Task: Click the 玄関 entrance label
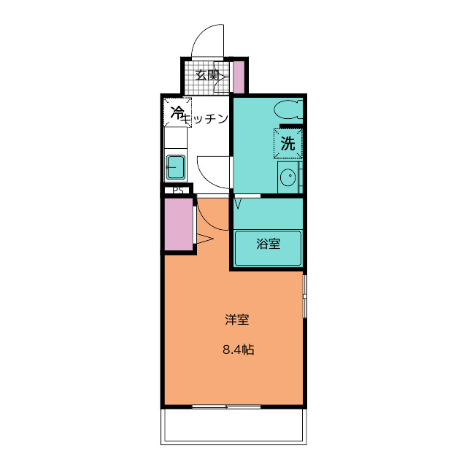click(x=207, y=75)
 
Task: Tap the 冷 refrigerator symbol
click(x=177, y=112)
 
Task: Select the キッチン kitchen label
click(x=207, y=119)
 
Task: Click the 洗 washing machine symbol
click(x=288, y=144)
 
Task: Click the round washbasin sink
click(x=288, y=177)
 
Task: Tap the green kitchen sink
click(x=176, y=166)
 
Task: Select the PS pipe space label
click(x=177, y=191)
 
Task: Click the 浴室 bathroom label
click(x=268, y=244)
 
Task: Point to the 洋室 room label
click(x=238, y=319)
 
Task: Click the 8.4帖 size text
click(x=238, y=350)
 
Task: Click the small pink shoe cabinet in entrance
click(x=238, y=76)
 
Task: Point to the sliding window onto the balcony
click(x=226, y=406)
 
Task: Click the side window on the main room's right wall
click(x=305, y=296)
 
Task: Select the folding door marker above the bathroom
click(x=238, y=201)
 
